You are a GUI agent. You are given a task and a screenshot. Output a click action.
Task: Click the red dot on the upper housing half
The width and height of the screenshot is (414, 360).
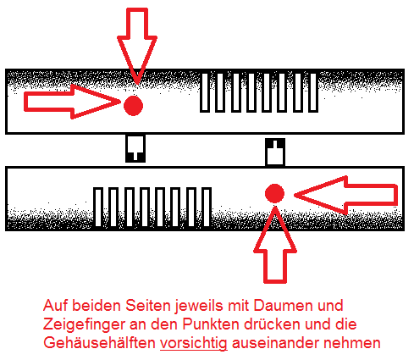click(x=133, y=106)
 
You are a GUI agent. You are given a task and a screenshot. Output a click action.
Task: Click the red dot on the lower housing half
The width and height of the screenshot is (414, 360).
click(x=274, y=193)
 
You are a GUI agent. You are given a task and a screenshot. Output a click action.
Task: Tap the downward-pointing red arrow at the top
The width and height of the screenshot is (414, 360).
click(x=137, y=45)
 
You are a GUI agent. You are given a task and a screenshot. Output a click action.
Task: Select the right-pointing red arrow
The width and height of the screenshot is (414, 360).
click(x=72, y=102)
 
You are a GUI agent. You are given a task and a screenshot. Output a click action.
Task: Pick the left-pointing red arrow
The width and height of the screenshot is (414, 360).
click(x=346, y=195)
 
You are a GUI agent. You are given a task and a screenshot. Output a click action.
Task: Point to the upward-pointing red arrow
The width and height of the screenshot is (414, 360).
click(x=275, y=245)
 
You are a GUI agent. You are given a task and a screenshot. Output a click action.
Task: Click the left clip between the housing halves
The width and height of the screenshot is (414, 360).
click(x=135, y=148)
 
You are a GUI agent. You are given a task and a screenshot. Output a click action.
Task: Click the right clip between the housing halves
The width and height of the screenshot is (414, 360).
click(x=275, y=152)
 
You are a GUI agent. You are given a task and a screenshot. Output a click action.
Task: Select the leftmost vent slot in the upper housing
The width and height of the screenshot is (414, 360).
click(x=205, y=92)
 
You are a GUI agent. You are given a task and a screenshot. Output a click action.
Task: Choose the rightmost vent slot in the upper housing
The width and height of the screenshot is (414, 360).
click(x=313, y=92)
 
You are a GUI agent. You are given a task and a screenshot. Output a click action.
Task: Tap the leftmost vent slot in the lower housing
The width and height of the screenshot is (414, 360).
click(x=98, y=207)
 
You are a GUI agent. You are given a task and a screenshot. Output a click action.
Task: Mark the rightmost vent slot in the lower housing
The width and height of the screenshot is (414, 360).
click(x=207, y=207)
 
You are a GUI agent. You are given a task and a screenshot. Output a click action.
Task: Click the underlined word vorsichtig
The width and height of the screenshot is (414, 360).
click(x=194, y=343)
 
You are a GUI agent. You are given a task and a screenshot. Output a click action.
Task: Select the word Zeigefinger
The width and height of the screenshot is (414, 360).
click(x=84, y=324)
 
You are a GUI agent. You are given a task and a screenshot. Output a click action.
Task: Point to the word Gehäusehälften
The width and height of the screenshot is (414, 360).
click(x=99, y=343)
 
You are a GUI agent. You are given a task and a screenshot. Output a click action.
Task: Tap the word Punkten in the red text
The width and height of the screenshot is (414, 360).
click(x=211, y=324)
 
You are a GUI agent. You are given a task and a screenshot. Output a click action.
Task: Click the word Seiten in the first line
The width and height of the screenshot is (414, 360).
click(x=148, y=305)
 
